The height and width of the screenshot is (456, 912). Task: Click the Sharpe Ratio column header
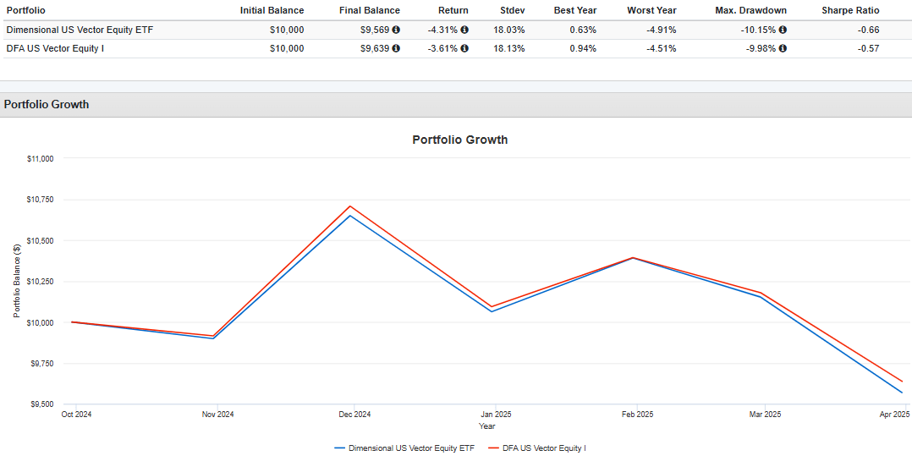850,10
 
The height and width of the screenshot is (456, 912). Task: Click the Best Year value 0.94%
583,48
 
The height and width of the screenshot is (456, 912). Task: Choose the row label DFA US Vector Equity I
55,48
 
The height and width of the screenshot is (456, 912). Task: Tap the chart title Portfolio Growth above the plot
459,140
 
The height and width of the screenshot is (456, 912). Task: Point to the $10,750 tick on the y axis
39,200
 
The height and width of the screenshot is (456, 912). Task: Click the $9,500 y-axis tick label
41,404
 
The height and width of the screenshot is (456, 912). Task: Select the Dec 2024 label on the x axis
355,415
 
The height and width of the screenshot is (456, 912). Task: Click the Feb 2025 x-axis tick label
637,415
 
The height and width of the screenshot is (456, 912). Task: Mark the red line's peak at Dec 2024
350,206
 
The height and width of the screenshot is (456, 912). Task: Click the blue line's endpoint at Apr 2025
902,393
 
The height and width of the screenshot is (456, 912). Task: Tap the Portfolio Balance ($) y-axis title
16,281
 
